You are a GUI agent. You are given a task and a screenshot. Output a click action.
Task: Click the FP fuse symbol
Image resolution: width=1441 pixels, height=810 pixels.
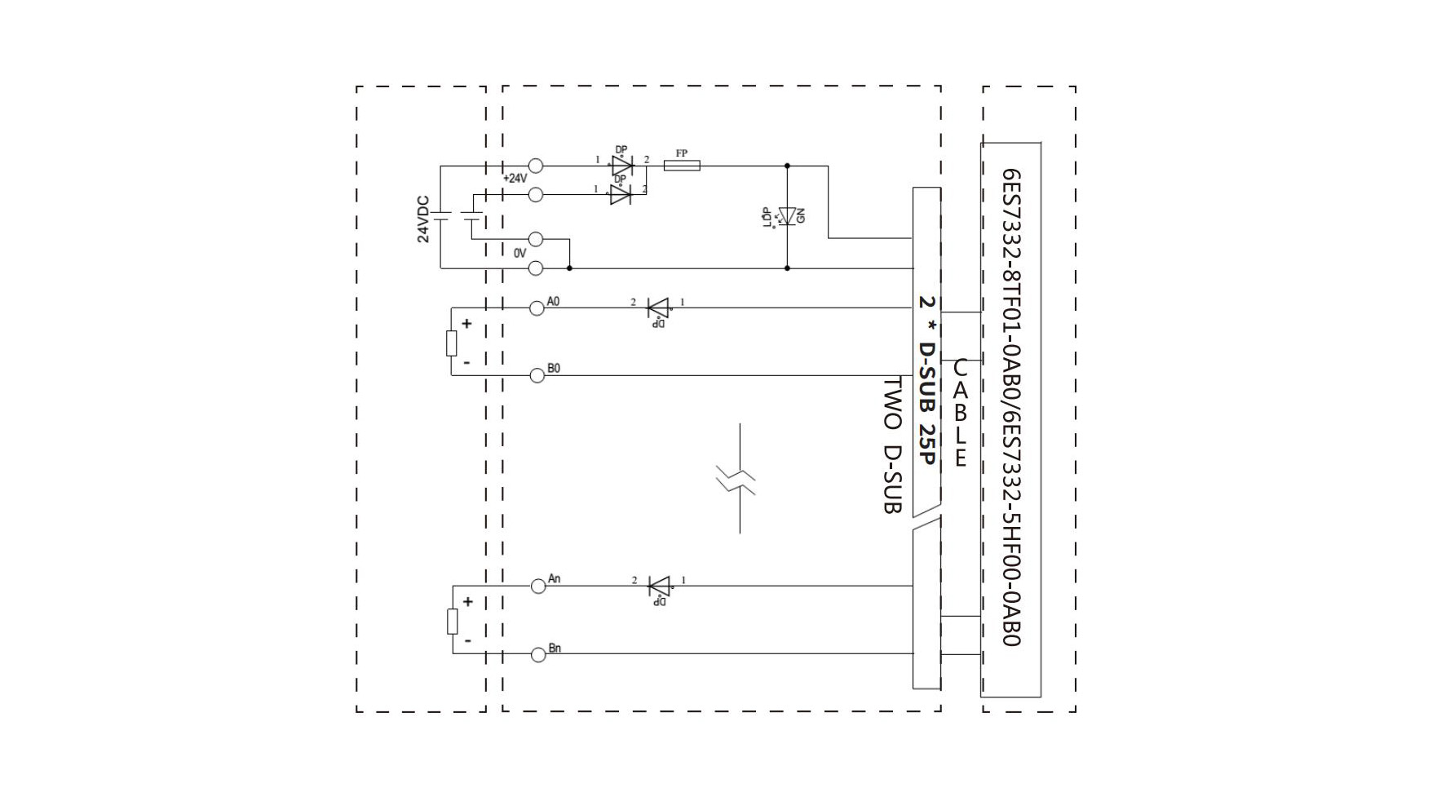click(682, 166)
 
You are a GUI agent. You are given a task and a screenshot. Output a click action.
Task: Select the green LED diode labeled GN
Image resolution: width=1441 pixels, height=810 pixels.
click(786, 216)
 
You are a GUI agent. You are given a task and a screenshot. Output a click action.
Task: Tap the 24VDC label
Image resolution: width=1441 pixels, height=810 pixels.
click(423, 219)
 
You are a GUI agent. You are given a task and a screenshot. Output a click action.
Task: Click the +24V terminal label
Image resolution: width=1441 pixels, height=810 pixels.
click(515, 179)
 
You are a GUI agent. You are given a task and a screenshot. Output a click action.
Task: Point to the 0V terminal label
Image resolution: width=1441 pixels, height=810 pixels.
click(519, 254)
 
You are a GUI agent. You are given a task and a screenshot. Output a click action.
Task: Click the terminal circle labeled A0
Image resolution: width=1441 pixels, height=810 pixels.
click(537, 308)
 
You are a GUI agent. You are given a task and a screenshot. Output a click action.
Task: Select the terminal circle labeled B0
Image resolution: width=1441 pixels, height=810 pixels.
click(537, 375)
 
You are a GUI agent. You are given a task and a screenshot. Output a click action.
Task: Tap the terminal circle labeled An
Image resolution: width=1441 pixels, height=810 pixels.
click(537, 586)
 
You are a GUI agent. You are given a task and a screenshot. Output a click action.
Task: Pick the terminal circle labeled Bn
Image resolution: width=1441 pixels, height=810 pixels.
click(537, 654)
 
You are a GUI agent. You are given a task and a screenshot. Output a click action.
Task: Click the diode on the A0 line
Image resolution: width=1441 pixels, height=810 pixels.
click(657, 308)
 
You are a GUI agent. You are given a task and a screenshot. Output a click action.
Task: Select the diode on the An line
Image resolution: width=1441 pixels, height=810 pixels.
click(658, 586)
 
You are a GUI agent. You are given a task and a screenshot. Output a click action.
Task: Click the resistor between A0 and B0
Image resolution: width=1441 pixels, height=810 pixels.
click(451, 343)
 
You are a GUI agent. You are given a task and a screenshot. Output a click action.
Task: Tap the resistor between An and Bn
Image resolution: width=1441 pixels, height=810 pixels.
click(452, 622)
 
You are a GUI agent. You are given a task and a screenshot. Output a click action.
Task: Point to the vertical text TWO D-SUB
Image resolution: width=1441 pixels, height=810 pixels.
click(893, 445)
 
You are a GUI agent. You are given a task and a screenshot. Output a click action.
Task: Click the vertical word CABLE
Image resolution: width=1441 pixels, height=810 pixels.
click(961, 414)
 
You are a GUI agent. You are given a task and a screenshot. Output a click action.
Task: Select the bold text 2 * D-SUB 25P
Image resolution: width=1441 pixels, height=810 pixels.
click(927, 380)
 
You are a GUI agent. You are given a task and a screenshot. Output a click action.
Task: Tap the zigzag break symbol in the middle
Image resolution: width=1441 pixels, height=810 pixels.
click(736, 480)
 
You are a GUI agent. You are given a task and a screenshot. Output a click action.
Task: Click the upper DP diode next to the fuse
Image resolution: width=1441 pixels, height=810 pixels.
click(622, 166)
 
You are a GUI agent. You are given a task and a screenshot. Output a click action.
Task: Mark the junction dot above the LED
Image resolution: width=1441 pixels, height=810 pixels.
click(787, 166)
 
